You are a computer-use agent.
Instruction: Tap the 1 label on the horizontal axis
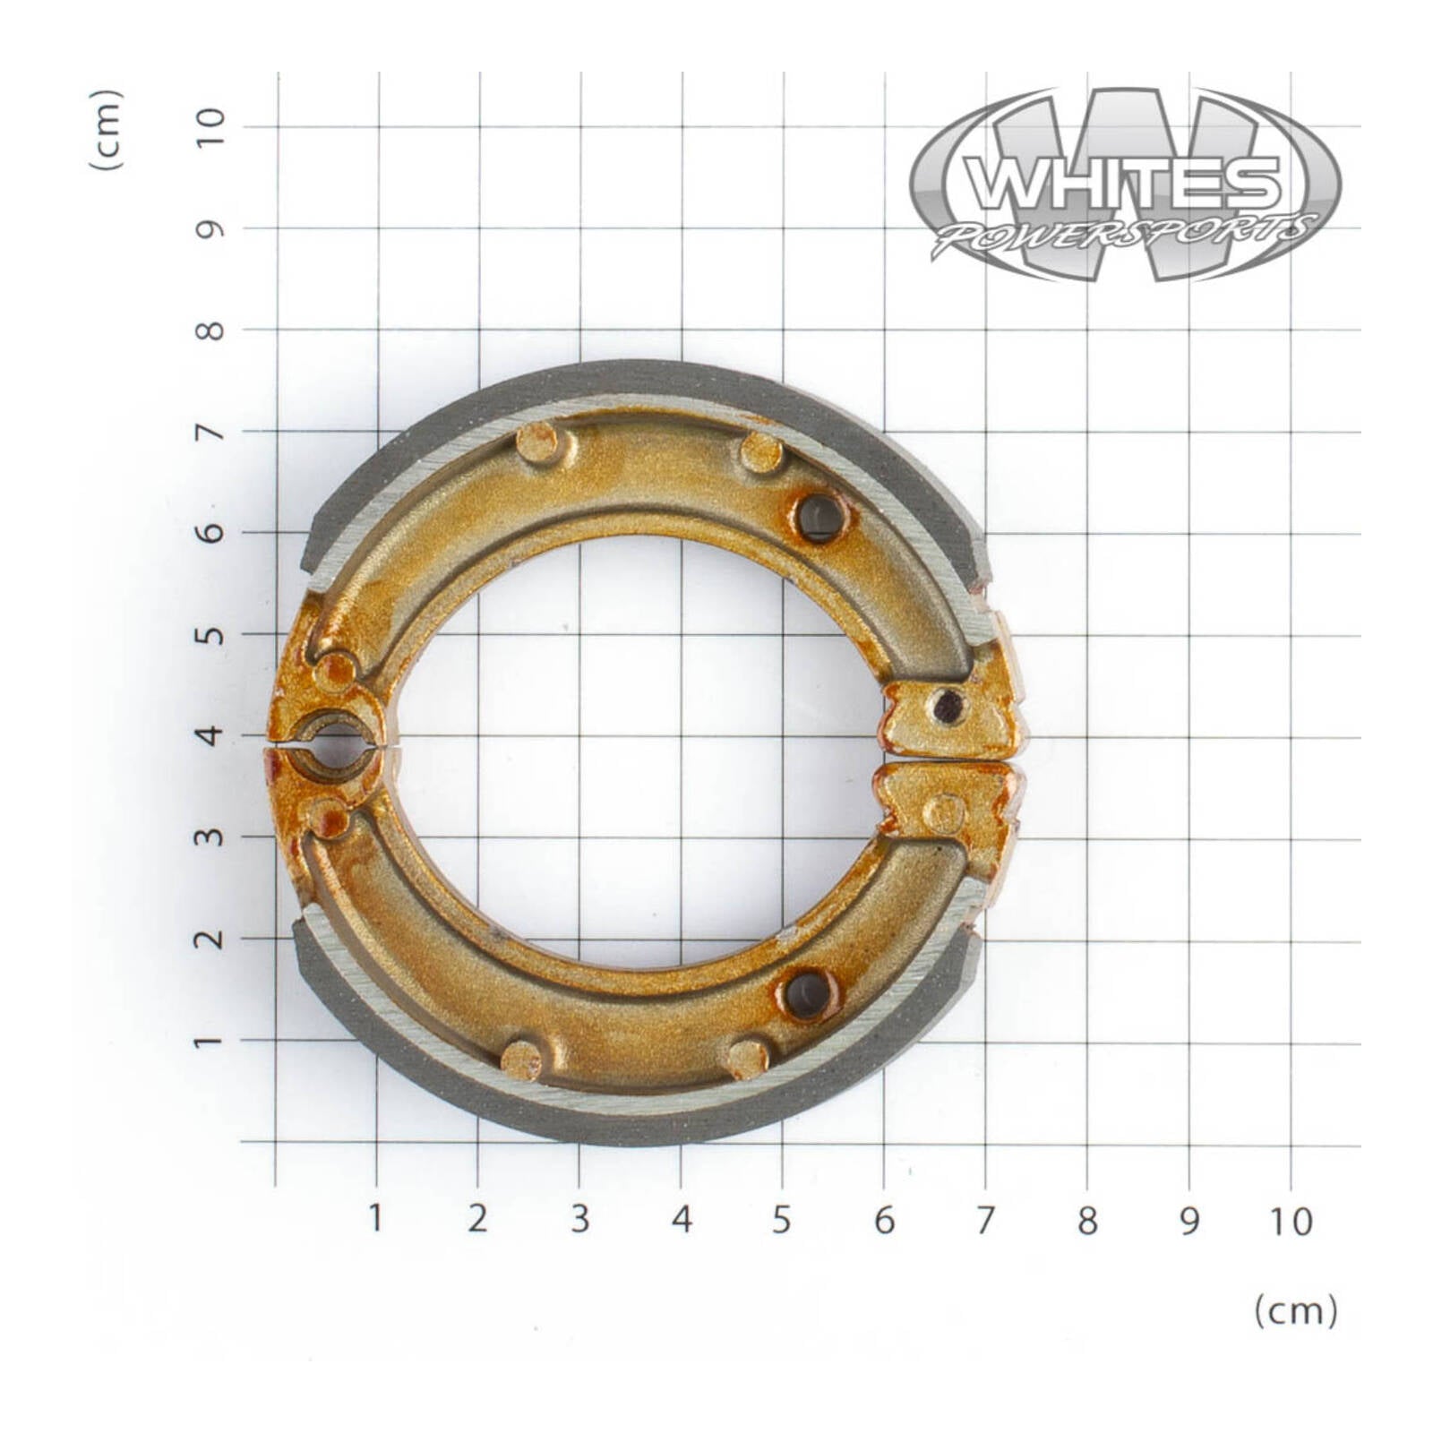[x=375, y=1218]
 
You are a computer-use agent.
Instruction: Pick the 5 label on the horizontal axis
[x=782, y=1219]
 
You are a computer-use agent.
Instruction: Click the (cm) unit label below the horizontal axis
[x=1295, y=1312]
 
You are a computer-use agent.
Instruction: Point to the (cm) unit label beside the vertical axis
[x=106, y=130]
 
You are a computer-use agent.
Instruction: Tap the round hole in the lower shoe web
[x=809, y=994]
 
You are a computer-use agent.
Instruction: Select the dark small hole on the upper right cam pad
[x=948, y=707]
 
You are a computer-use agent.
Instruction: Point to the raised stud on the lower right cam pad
[x=943, y=812]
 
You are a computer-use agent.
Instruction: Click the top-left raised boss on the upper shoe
[x=537, y=442]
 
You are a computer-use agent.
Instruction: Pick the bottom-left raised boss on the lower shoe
[x=521, y=1060]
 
